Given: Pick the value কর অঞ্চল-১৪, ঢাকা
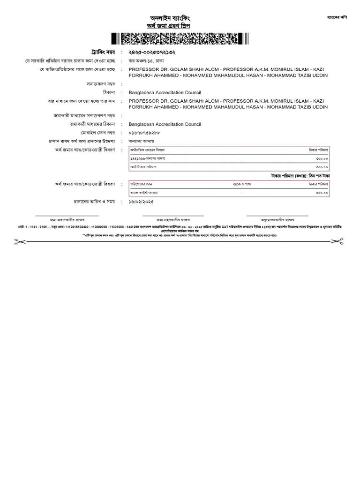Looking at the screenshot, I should click(146, 61).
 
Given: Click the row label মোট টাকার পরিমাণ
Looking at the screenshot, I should click(143, 166).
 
